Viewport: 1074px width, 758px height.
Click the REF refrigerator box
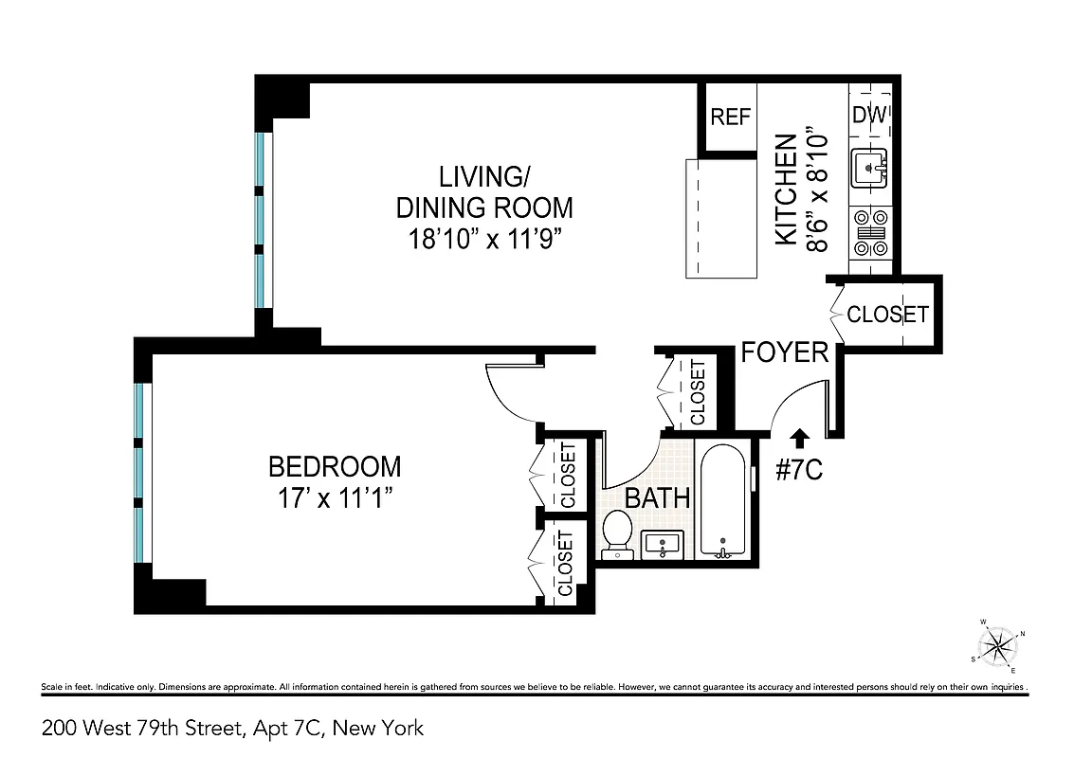pyautogui.click(x=731, y=117)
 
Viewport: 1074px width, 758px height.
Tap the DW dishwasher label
pyautogui.click(x=869, y=115)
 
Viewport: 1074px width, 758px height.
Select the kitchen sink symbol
pyautogui.click(x=869, y=169)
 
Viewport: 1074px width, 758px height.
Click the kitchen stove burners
pyautogui.click(x=870, y=231)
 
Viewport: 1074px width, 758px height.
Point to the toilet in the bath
pyautogui.click(x=618, y=534)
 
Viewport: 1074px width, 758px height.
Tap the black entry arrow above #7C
pyautogui.click(x=800, y=437)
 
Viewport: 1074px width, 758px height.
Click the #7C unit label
pyautogui.click(x=800, y=470)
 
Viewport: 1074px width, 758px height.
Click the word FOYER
pyautogui.click(x=784, y=352)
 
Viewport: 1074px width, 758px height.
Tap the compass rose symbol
pyautogui.click(x=997, y=648)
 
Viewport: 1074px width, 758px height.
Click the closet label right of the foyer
pyautogui.click(x=887, y=314)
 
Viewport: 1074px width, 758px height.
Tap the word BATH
pyautogui.click(x=657, y=498)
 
